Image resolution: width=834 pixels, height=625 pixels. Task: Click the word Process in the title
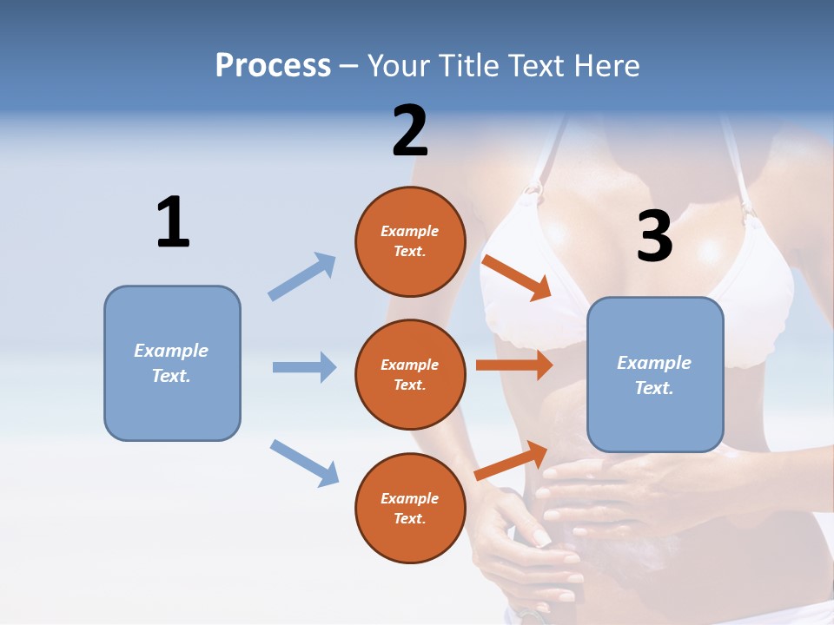click(x=273, y=65)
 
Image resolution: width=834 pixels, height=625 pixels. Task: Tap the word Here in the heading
click(x=605, y=65)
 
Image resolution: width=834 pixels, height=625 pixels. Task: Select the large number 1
click(x=173, y=222)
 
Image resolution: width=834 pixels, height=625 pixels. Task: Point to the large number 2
click(x=410, y=131)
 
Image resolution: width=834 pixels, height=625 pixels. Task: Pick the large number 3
click(x=655, y=236)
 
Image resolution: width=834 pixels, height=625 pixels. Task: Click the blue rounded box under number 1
click(x=172, y=363)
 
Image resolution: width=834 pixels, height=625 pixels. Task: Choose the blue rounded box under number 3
click(x=655, y=375)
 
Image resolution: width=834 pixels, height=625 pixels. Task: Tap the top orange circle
click(x=410, y=241)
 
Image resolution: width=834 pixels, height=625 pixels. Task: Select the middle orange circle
click(x=410, y=375)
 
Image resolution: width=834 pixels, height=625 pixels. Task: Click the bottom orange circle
click(x=410, y=509)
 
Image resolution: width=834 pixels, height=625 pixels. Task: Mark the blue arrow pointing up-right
click(x=302, y=276)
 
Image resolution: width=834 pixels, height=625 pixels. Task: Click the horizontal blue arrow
click(x=304, y=367)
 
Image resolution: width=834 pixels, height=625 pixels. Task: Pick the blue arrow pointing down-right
click(x=304, y=463)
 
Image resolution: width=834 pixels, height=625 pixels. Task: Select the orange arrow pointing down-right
click(x=517, y=278)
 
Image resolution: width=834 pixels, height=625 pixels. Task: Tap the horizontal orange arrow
click(x=514, y=365)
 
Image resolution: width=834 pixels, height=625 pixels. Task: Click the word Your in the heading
click(x=400, y=65)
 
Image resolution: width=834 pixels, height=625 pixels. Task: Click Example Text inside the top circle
click(x=410, y=241)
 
